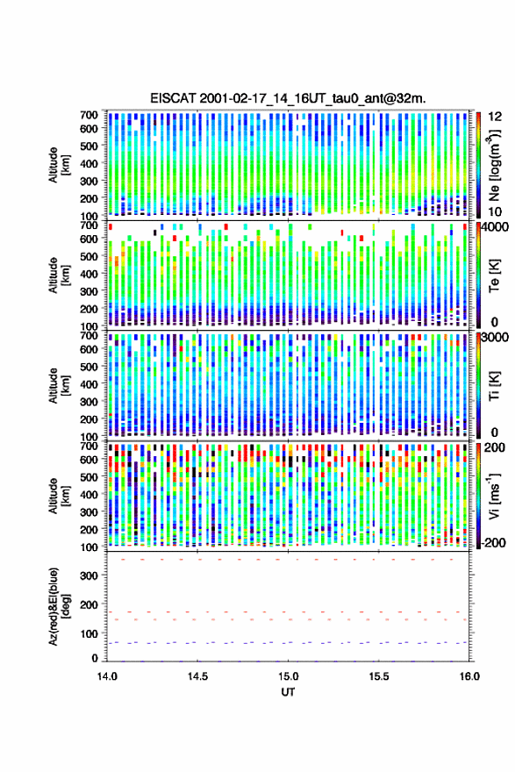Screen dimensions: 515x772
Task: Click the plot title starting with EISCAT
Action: (288, 98)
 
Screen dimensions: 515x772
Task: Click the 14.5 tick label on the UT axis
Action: (198, 676)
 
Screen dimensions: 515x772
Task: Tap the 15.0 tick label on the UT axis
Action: (288, 676)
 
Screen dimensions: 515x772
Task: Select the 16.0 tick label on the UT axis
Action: (469, 676)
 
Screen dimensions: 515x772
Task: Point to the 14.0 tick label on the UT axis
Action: (107, 676)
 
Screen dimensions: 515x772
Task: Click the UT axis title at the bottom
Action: (288, 692)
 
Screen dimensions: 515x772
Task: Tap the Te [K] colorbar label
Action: (494, 275)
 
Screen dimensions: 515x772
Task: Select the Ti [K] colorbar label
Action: (494, 385)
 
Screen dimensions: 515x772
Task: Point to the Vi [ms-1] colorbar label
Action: (494, 496)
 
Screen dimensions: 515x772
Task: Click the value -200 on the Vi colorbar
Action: (494, 542)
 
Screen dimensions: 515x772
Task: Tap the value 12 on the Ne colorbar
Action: (495, 117)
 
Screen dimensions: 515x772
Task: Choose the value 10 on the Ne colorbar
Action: (495, 211)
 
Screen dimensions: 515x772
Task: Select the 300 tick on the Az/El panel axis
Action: (89, 575)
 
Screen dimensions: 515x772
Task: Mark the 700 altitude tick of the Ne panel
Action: (89, 115)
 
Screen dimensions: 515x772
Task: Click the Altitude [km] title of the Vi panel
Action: (59, 496)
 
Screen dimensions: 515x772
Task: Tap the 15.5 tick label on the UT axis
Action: (379, 676)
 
